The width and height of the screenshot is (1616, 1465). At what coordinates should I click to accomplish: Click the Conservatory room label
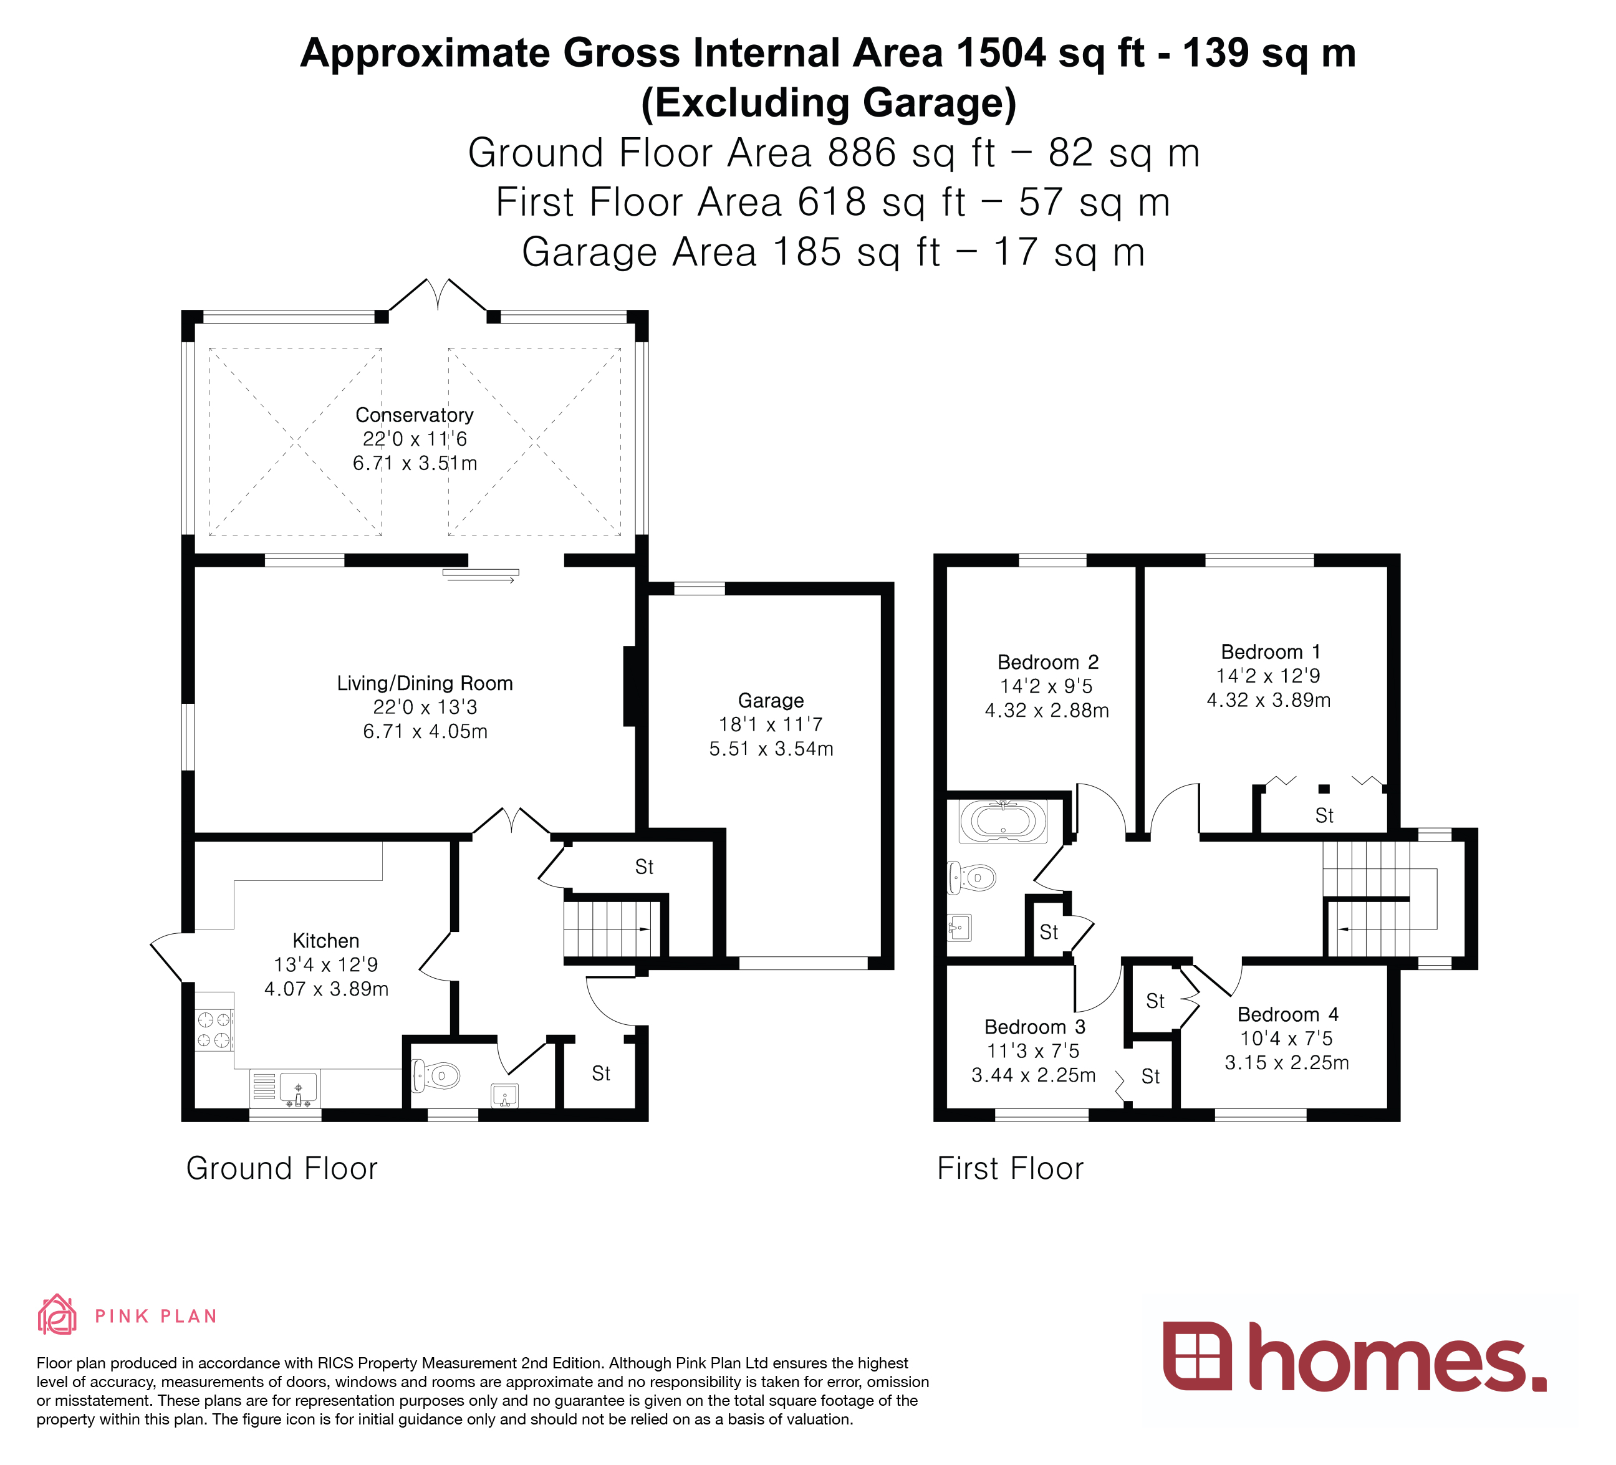pos(415,415)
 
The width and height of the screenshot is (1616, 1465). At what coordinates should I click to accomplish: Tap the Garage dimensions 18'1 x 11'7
pos(771,724)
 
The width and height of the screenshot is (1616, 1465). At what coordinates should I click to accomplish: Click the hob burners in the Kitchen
pos(214,1030)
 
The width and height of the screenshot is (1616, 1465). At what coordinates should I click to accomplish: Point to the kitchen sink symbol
pos(298,1088)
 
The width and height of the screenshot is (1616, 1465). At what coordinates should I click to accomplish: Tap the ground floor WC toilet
pos(435,1075)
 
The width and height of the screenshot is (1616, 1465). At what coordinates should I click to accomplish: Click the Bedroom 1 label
pos(1271,651)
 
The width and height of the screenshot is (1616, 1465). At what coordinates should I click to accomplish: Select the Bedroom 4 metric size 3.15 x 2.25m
pos(1287,1063)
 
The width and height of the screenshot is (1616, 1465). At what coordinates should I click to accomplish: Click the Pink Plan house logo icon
pos(57,1315)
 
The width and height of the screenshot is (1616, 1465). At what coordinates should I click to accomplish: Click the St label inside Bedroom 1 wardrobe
pos(1324,816)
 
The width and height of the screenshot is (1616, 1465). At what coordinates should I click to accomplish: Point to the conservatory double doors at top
pos(438,295)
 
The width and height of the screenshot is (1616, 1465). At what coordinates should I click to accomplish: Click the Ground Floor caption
pos(281,1168)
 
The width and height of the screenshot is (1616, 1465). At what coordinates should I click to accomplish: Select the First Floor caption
pos(1010,1168)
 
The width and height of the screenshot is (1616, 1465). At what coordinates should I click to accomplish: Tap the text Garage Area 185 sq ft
pos(729,252)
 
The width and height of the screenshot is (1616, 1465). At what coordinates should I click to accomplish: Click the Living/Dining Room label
pos(424,684)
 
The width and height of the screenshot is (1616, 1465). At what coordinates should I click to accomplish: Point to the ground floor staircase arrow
pos(643,929)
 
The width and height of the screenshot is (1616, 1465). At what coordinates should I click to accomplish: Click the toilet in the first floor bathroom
pos(973,878)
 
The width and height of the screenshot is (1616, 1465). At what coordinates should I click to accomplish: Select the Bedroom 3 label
pos(1035,1027)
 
